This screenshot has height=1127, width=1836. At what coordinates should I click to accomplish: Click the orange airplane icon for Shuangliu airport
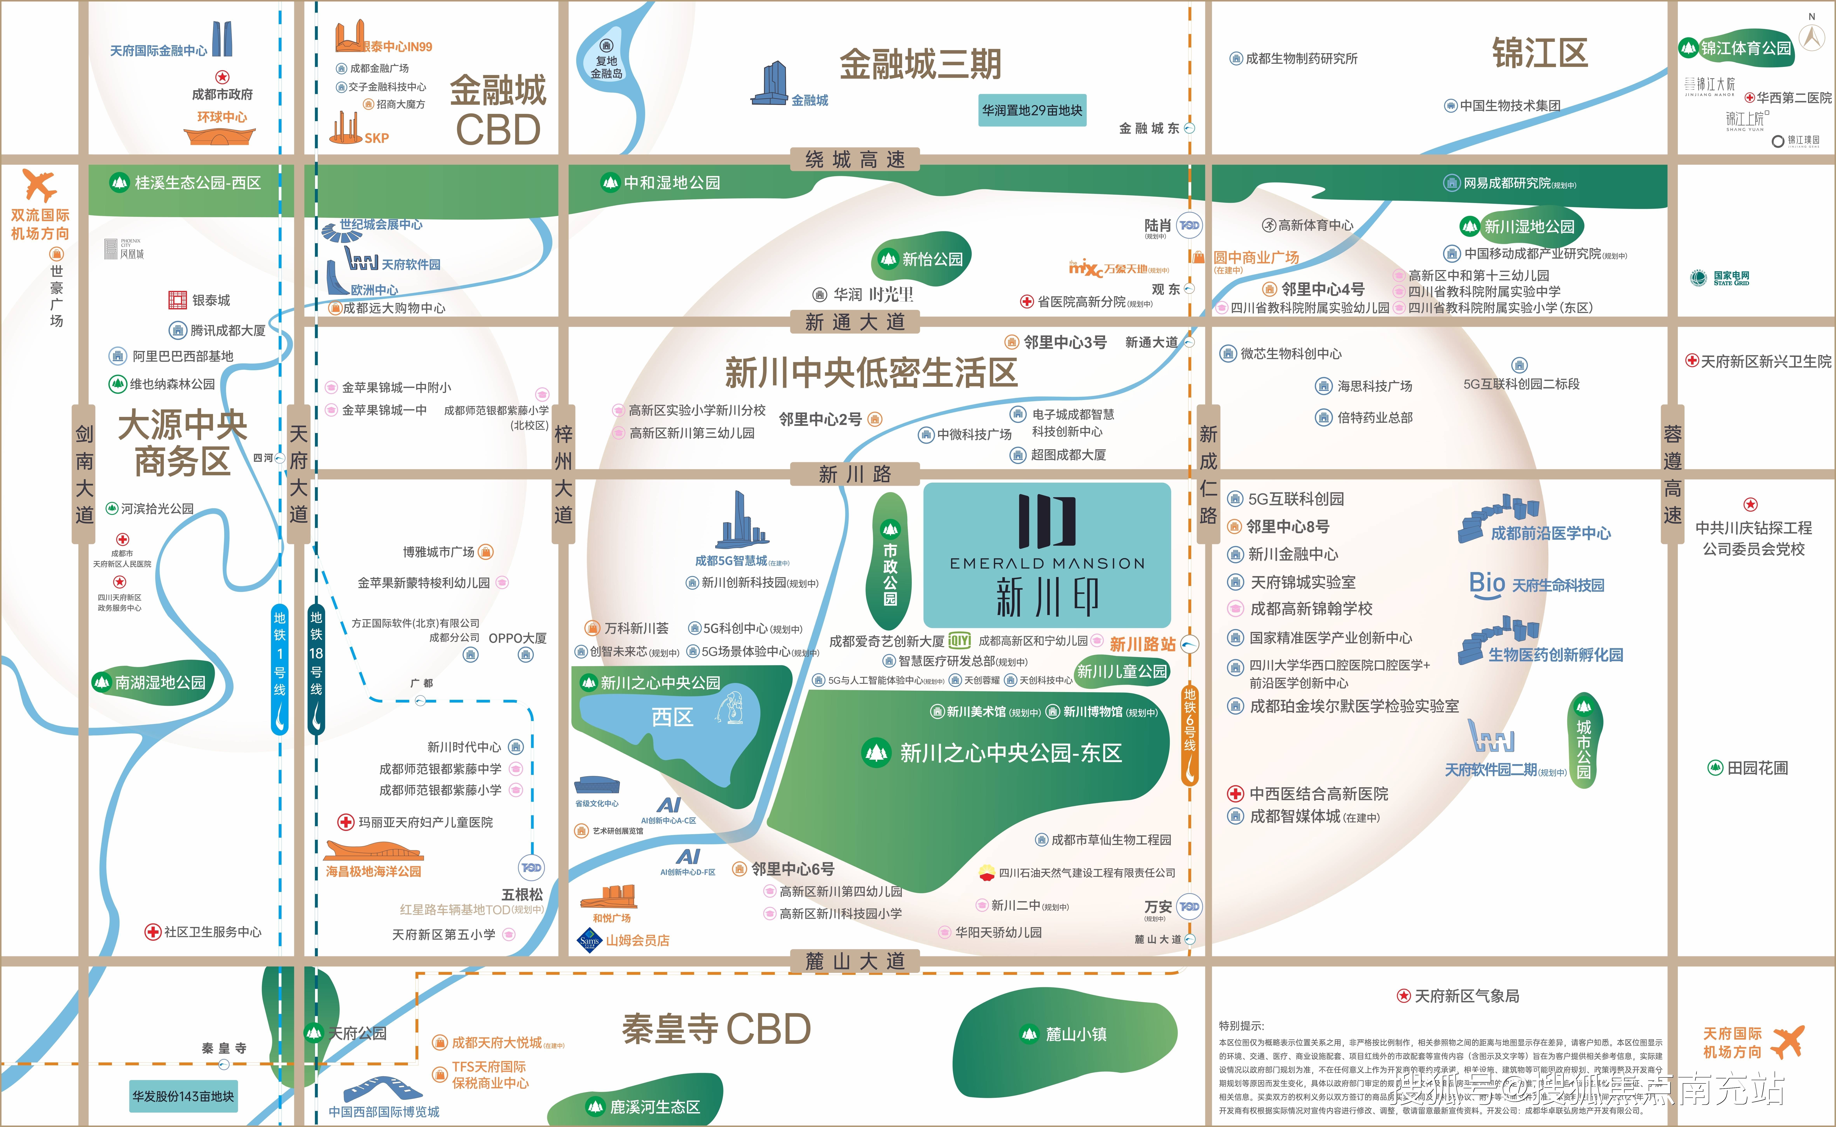coord(39,185)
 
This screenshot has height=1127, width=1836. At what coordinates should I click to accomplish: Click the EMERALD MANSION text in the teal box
coord(1047,563)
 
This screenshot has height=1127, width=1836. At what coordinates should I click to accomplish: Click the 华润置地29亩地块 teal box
coord(1032,110)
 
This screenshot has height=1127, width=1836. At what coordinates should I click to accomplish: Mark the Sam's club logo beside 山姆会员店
coord(589,940)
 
